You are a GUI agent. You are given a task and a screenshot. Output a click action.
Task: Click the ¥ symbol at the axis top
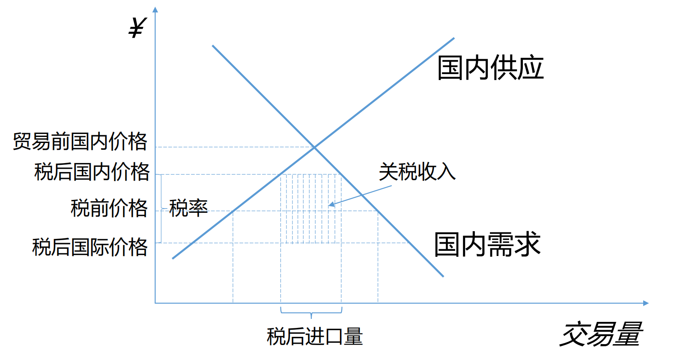pos(138,28)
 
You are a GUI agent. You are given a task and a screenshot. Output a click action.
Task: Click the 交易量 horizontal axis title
pos(601,334)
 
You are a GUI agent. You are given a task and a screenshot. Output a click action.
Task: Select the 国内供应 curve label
pos(490,68)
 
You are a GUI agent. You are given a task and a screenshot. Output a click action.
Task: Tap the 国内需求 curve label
pos(487,244)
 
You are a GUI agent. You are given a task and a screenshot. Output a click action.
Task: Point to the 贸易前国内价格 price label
pos(80,141)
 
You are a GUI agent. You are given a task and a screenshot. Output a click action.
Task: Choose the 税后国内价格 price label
pos(92,172)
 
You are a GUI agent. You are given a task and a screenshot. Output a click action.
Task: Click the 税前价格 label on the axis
pos(109,208)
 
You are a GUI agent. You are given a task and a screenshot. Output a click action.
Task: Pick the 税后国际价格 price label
pos(90,247)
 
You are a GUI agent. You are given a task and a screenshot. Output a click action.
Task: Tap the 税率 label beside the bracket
pos(188,208)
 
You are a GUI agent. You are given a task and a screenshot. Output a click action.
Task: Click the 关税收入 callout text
pos(417,172)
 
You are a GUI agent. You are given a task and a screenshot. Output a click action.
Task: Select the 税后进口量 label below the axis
pos(315,336)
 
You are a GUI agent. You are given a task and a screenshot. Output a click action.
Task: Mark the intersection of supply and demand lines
pos(315,147)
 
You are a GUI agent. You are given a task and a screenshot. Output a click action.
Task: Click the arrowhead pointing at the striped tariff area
pos(331,205)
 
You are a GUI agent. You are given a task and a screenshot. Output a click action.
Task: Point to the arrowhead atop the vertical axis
pos(155,9)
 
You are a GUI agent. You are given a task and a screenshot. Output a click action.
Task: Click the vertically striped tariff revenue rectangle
pos(311,208)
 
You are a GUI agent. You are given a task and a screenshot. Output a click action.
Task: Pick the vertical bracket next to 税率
pos(161,208)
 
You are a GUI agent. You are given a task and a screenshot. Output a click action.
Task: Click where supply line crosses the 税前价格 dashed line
pos(233,211)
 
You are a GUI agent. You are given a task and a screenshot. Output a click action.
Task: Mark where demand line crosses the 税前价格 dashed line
pos(378,211)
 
